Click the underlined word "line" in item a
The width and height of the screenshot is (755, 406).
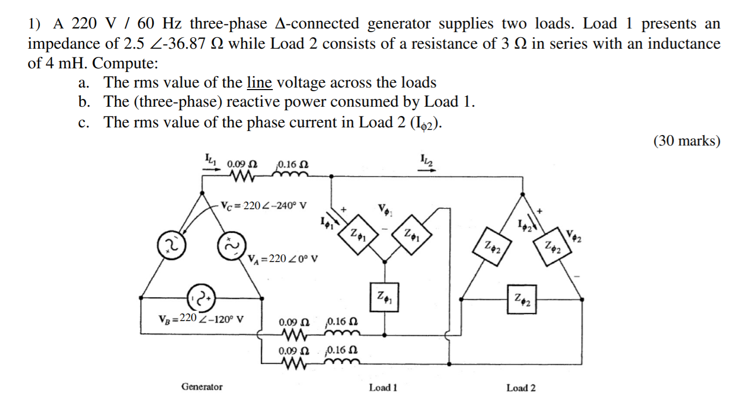click(259, 83)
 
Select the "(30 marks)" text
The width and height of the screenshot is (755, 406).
click(687, 141)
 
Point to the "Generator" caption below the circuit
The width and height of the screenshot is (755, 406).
click(202, 387)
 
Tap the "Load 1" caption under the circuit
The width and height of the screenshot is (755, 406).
click(383, 387)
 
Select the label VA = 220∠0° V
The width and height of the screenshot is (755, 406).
click(283, 258)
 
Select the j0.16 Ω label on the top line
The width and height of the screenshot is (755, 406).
click(293, 164)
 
